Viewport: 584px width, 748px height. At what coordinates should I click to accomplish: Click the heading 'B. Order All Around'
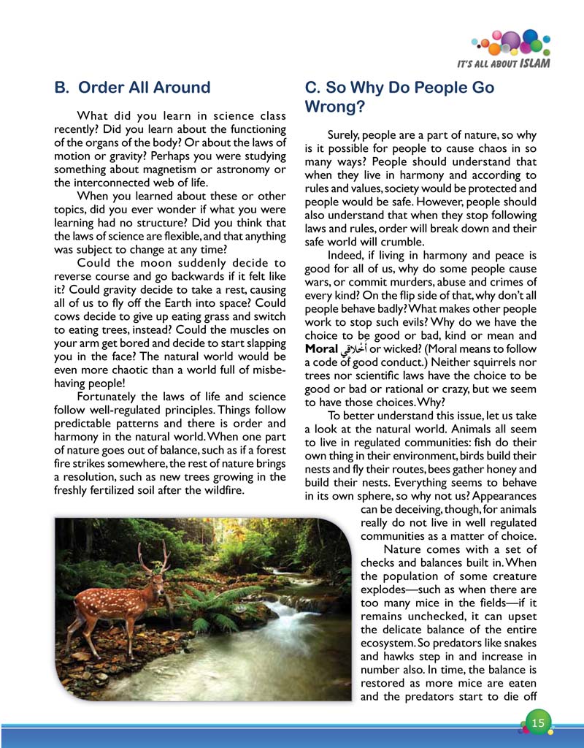click(x=132, y=88)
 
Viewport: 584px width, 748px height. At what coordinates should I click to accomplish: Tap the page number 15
click(x=538, y=723)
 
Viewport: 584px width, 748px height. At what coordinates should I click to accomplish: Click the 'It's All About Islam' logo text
click(x=503, y=63)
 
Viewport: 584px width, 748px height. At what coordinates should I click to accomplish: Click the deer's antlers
click(x=155, y=556)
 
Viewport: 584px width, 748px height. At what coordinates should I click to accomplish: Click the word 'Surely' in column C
click(x=345, y=135)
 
